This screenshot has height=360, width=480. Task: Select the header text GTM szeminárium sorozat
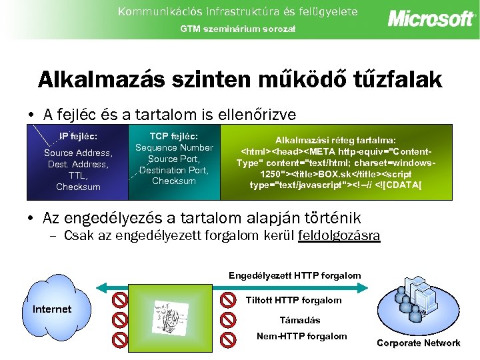239,29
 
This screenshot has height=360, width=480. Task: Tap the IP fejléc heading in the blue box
78,136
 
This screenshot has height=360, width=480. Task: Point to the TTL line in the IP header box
78,175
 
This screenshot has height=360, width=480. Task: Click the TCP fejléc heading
173,135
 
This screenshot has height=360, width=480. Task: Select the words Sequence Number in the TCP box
174,147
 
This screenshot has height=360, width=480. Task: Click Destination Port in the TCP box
174,170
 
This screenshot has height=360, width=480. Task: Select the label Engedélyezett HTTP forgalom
295,275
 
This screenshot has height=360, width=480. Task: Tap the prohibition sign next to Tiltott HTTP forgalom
228,299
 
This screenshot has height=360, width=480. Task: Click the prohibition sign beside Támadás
228,319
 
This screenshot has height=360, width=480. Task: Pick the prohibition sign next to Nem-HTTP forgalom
228,339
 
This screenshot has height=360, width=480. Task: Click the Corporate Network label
418,343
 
